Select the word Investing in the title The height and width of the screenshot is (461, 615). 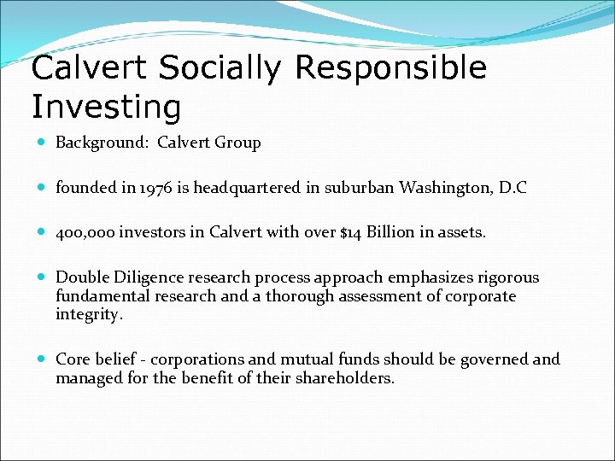coord(106,108)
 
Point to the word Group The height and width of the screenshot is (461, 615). coord(239,143)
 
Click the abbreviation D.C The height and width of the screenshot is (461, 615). coord(511,188)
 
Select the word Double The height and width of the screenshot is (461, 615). coord(82,277)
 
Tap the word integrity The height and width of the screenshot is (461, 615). coord(90,315)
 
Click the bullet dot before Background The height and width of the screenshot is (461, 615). coord(43,143)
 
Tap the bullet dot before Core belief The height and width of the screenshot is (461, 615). coord(43,360)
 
